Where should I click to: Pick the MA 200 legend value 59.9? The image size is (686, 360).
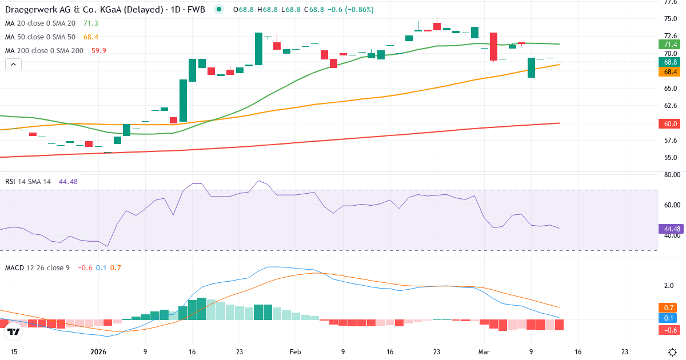tap(98, 50)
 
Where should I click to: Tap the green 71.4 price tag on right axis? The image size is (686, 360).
tap(669, 45)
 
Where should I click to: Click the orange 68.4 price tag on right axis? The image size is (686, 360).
tap(669, 72)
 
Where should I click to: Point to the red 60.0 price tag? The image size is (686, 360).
tap(669, 123)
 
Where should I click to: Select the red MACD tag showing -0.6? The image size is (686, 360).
tap(669, 330)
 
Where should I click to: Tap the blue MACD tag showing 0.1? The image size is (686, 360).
tap(669, 318)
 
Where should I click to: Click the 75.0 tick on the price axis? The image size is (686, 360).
tap(671, 19)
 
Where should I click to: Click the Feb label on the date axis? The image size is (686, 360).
tap(295, 352)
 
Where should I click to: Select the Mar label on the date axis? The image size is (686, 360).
tap(484, 352)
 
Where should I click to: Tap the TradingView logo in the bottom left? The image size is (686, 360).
tap(14, 331)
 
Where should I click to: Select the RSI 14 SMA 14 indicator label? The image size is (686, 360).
tap(29, 181)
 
